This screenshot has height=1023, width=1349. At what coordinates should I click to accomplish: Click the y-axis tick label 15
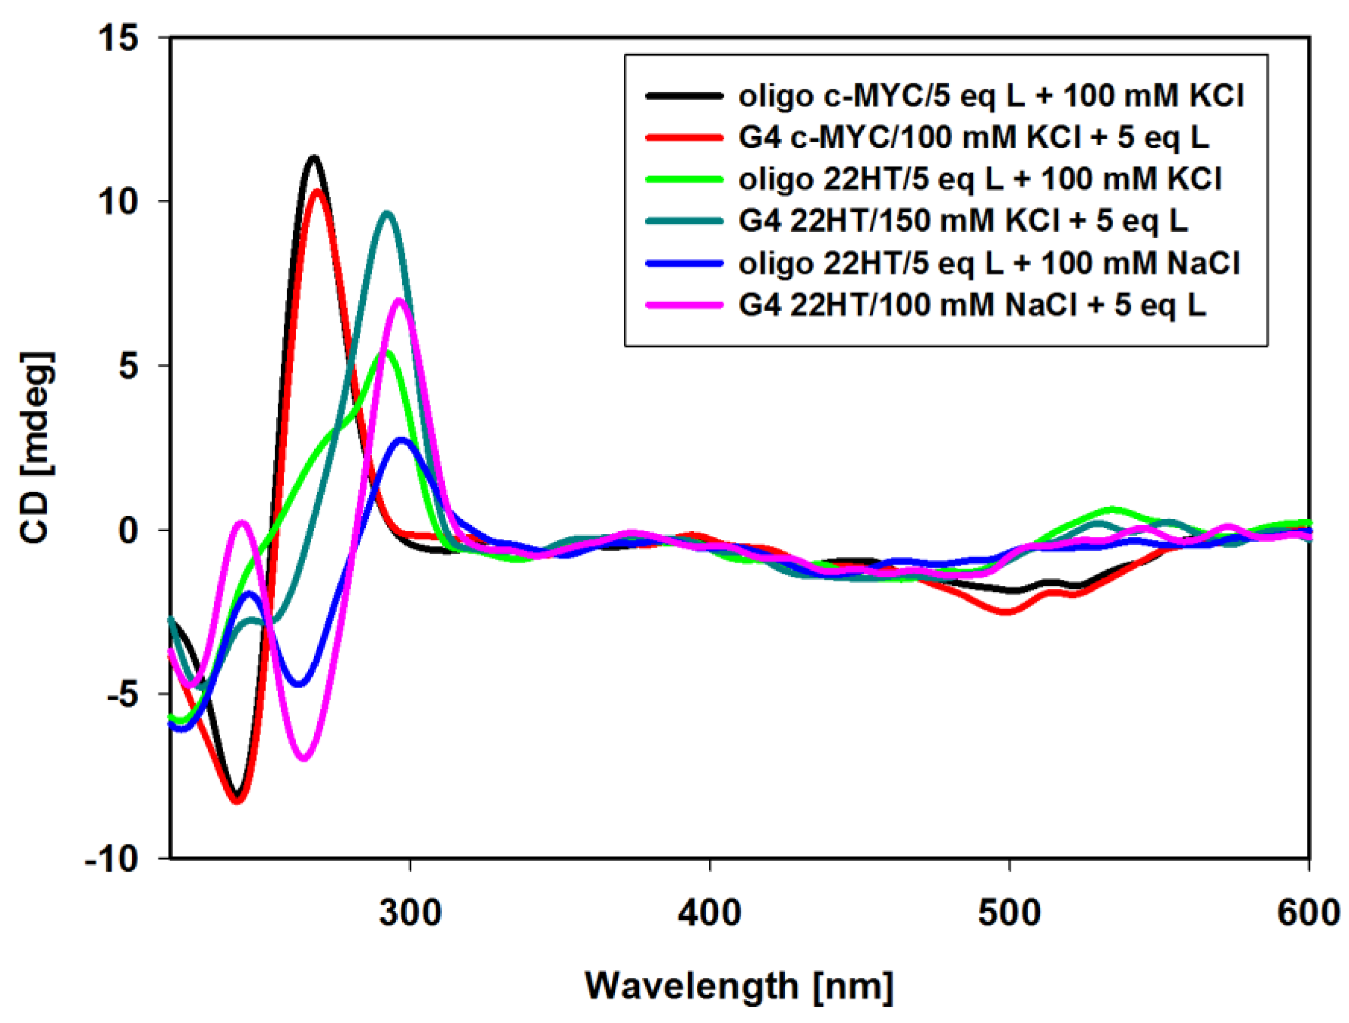pos(119,38)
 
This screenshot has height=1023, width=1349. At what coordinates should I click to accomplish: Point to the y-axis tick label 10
pos(119,201)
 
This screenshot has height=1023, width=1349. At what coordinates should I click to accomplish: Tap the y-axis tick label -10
pos(112,859)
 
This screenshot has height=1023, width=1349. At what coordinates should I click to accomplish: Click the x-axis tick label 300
pos(410,913)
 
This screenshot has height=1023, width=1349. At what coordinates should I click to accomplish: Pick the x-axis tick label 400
pos(710,913)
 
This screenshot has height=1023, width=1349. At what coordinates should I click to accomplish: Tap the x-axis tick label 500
pos(1010,913)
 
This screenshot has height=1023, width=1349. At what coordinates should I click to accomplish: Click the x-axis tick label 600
pos(1308,913)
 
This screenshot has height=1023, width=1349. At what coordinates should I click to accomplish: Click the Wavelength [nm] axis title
pos(739,986)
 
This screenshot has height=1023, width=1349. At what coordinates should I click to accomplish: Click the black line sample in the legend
pos(684,96)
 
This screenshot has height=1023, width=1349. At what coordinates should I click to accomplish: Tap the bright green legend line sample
pos(684,179)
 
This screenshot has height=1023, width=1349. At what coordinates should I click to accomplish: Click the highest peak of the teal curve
pos(386,213)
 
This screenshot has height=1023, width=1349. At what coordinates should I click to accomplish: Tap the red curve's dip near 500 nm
pos(1006,612)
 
